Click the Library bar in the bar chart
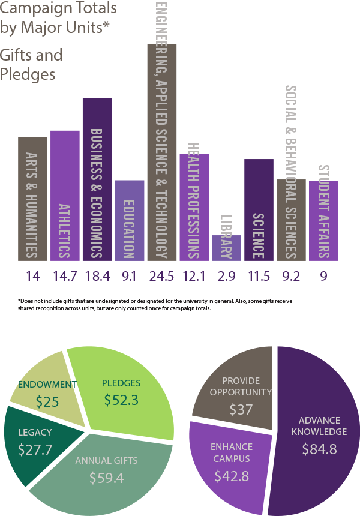click(x=226, y=248)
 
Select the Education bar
click(x=130, y=220)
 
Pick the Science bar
click(x=259, y=209)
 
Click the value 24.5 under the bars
click(x=162, y=277)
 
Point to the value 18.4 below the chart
click(x=97, y=277)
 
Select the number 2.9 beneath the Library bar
click(x=227, y=277)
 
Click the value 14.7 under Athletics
click(x=65, y=277)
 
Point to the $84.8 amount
click(x=319, y=448)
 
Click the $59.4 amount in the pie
click(x=106, y=478)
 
